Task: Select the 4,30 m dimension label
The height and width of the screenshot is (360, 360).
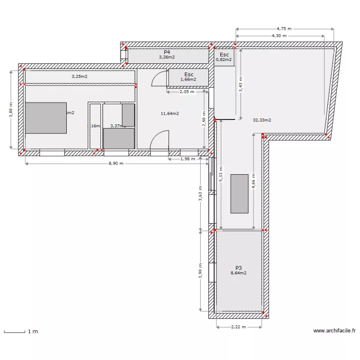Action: tap(279, 36)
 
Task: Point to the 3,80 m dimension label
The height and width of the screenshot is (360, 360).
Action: tap(11, 109)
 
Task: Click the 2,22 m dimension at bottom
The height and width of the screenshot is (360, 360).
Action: tap(239, 327)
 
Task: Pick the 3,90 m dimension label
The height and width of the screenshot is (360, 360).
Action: tap(201, 270)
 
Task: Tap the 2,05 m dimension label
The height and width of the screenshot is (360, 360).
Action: tap(187, 92)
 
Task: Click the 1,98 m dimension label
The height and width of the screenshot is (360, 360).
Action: tap(187, 159)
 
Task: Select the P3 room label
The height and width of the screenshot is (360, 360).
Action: tap(239, 268)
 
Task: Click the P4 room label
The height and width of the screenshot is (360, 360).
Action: tap(167, 52)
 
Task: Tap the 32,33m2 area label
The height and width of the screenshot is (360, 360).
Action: tap(262, 120)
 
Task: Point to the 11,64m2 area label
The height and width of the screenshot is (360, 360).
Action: tap(170, 114)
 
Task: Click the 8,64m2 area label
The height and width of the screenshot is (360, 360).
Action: tap(239, 273)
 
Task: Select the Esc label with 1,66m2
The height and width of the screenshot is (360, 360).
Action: tap(189, 74)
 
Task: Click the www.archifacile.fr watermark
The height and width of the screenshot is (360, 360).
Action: tap(335, 331)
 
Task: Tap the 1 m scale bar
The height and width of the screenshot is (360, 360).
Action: tap(19, 331)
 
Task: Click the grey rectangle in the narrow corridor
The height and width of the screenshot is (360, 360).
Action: tap(240, 193)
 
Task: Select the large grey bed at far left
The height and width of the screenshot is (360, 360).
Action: tap(46, 118)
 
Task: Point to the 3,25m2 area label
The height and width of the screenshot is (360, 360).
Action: tap(80, 76)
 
